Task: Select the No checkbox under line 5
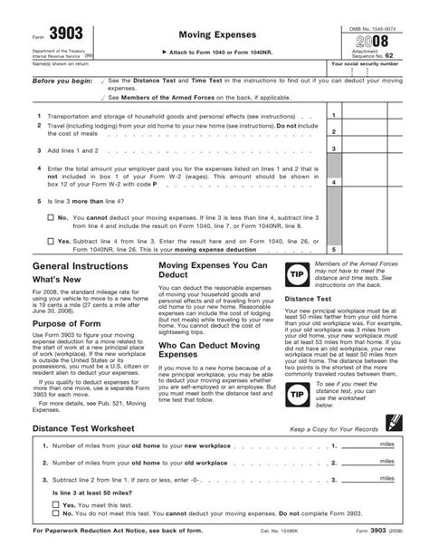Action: (50, 192)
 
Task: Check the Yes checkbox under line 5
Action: (50, 216)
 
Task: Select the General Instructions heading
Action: (81, 243)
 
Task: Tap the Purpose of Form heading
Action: (71, 324)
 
